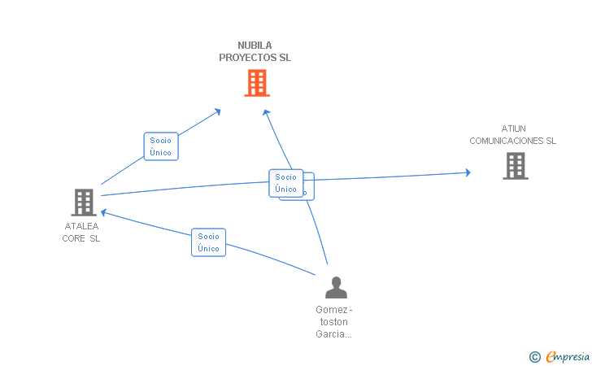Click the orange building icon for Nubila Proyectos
click(x=256, y=83)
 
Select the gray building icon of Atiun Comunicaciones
click(x=516, y=166)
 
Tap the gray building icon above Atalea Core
click(x=84, y=203)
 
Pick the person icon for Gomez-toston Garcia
click(x=336, y=287)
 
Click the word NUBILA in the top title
click(x=255, y=46)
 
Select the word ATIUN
click(x=514, y=129)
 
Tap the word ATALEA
click(x=81, y=226)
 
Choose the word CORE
click(x=74, y=238)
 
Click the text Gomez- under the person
click(x=334, y=309)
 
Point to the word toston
click(x=334, y=321)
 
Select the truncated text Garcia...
click(x=333, y=333)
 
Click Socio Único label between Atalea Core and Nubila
click(x=160, y=146)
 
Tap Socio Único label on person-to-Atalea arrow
click(x=208, y=242)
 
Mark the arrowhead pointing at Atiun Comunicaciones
click(x=468, y=172)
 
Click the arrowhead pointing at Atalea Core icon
click(x=103, y=213)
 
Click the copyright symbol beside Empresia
click(x=534, y=356)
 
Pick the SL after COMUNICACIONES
click(x=551, y=141)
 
